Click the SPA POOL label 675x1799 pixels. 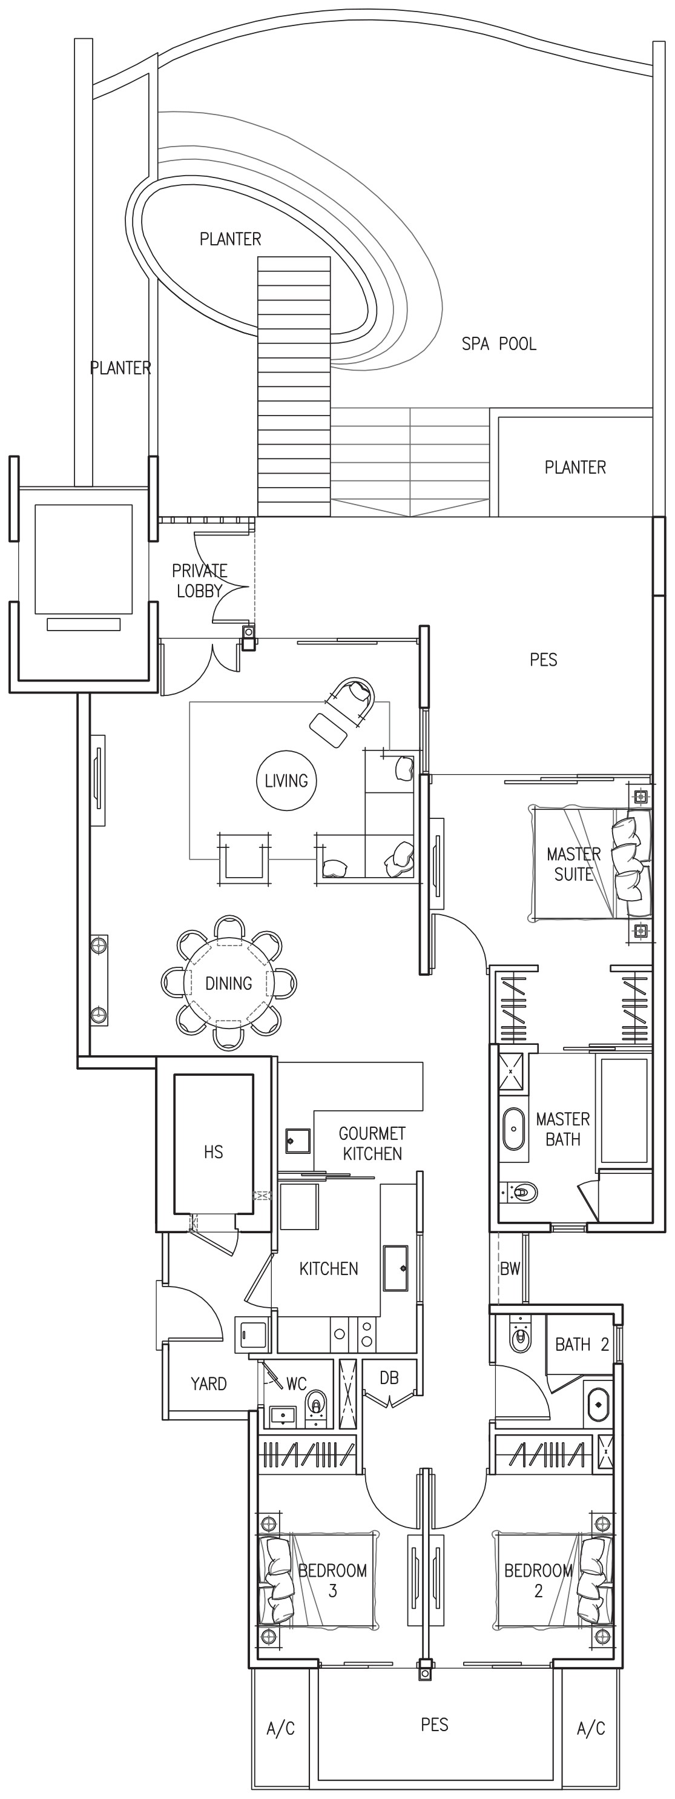[499, 343]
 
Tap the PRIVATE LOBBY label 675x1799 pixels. [200, 580]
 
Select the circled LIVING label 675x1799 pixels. [286, 781]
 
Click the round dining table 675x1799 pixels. [229, 982]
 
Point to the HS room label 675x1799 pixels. [214, 1151]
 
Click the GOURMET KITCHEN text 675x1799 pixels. [372, 1143]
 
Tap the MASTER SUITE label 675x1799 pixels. [574, 864]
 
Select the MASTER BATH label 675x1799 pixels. [562, 1129]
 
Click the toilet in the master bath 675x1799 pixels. [519, 1191]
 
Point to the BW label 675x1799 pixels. [510, 1269]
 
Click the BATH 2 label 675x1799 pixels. [582, 1344]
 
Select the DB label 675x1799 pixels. [389, 1378]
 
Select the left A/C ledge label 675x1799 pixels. [281, 1729]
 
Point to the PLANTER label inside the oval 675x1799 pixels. [231, 239]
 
